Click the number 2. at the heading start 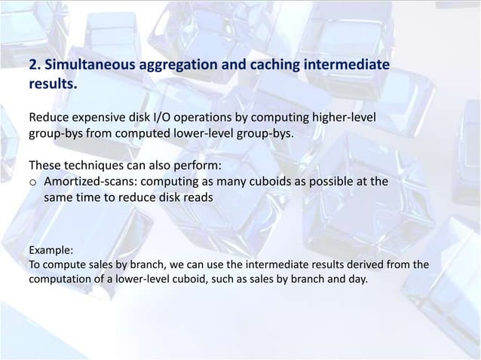click(34, 67)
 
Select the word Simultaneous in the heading click(86, 67)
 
